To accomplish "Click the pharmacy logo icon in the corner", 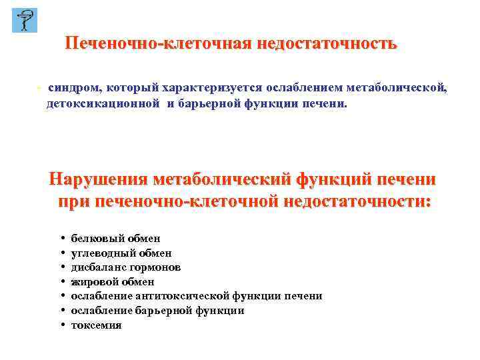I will coord(25,21).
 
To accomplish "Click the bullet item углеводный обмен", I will coord(121,253).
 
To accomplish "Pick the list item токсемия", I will coord(96,325).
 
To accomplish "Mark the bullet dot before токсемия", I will coord(61,325).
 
